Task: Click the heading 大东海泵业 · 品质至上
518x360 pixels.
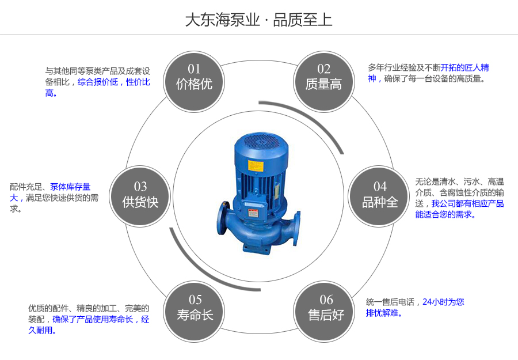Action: pos(258,20)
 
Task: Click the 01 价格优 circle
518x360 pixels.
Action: pos(194,77)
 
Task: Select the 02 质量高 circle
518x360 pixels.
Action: pos(323,77)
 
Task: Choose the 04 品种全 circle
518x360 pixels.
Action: pos(380,195)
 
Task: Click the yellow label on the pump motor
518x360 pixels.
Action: pos(256,165)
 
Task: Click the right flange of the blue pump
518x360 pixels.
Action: pos(296,227)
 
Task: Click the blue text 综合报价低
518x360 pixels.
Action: pos(97,82)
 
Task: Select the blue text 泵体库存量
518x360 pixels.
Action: pos(70,187)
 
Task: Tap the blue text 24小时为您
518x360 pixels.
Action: pos(443,302)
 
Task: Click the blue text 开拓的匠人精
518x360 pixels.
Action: pos(465,67)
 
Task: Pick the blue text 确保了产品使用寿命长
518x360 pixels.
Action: pos(93,319)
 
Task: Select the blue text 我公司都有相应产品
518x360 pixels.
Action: pos(467,203)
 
